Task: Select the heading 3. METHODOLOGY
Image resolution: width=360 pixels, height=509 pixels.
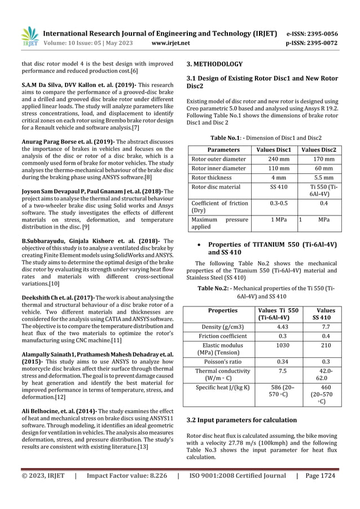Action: (214, 64)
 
